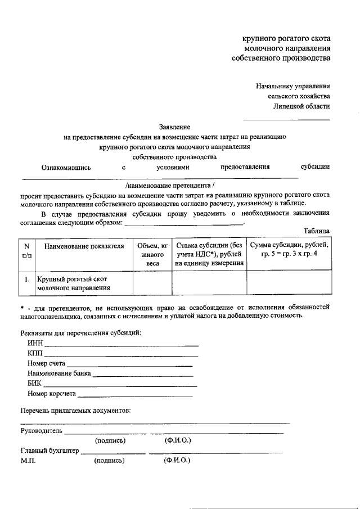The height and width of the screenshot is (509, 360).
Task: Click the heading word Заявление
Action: [x=175, y=127]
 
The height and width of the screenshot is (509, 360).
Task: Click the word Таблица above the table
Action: [x=316, y=231]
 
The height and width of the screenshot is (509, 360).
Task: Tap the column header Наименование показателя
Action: [x=83, y=246]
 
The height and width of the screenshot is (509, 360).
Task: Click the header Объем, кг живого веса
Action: [x=152, y=254]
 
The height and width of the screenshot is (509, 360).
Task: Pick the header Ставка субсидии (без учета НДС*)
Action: [x=209, y=254]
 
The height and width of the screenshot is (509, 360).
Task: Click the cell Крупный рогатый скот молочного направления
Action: [x=73, y=283]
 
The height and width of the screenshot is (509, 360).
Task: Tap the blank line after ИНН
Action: [x=121, y=344]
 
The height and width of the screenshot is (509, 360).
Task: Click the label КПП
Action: [x=34, y=354]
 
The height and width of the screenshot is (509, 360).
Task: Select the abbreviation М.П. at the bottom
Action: [x=28, y=461]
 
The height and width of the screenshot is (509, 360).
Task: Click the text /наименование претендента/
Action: [x=170, y=184]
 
